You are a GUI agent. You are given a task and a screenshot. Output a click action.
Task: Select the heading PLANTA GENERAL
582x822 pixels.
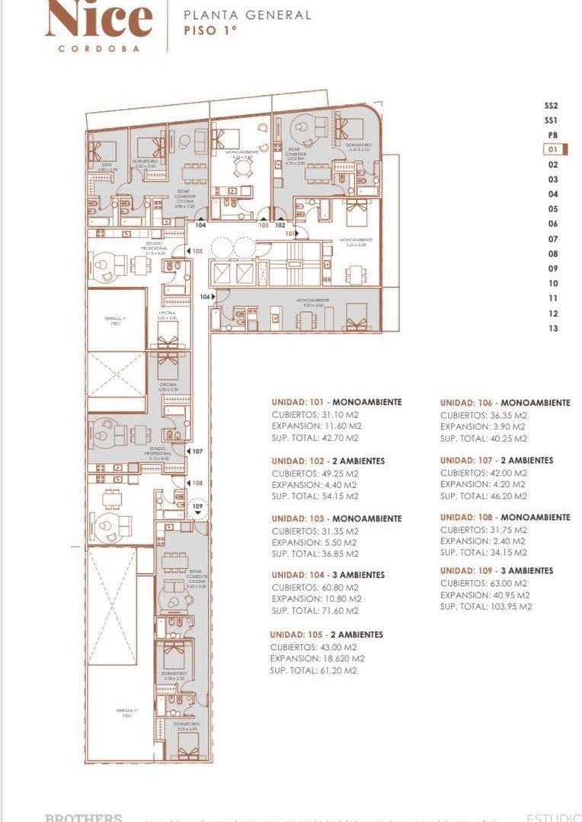[248, 14]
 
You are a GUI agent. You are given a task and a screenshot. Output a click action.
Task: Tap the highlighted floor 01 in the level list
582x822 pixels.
[552, 150]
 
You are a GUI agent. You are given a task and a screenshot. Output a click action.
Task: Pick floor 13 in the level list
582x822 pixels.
[552, 329]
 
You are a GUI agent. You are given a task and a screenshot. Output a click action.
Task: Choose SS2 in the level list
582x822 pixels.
[552, 106]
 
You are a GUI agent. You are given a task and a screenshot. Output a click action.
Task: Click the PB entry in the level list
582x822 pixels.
[552, 135]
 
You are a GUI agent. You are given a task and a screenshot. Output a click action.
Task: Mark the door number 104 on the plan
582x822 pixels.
[200, 225]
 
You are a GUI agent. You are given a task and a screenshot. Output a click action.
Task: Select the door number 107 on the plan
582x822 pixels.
[197, 451]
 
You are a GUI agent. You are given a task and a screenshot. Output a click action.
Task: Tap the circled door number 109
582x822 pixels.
[197, 506]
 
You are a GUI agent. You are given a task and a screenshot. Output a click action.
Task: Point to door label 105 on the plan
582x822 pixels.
[197, 250]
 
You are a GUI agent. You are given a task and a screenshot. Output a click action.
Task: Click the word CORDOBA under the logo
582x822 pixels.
[99, 48]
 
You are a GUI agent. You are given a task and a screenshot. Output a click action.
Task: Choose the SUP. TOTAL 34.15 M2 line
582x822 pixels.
[483, 553]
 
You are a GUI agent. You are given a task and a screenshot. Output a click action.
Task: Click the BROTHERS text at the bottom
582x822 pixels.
[84, 817]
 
